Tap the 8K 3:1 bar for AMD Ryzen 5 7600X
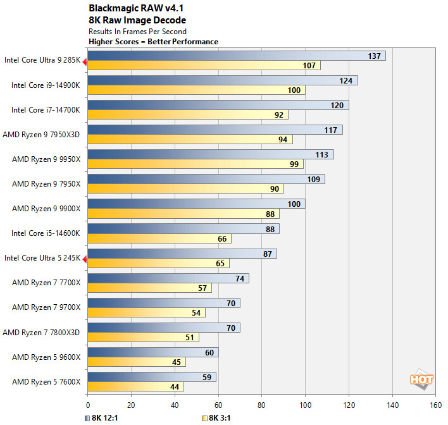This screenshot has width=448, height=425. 135,386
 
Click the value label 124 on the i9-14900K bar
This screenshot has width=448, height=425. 345,80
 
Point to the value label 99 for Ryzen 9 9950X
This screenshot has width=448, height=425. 293,164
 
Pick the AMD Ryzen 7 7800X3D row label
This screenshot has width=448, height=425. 42,331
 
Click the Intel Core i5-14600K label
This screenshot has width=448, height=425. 46,233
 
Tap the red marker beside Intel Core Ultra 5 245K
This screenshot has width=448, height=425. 85,258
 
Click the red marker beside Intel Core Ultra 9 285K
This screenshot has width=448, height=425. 85,61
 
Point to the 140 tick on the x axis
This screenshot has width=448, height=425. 392,405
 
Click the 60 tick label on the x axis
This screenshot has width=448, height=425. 218,405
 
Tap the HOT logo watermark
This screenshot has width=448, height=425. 421,379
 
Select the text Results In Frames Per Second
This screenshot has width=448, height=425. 138,31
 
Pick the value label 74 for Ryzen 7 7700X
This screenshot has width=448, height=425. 239,278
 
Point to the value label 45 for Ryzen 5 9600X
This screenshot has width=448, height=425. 175,362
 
